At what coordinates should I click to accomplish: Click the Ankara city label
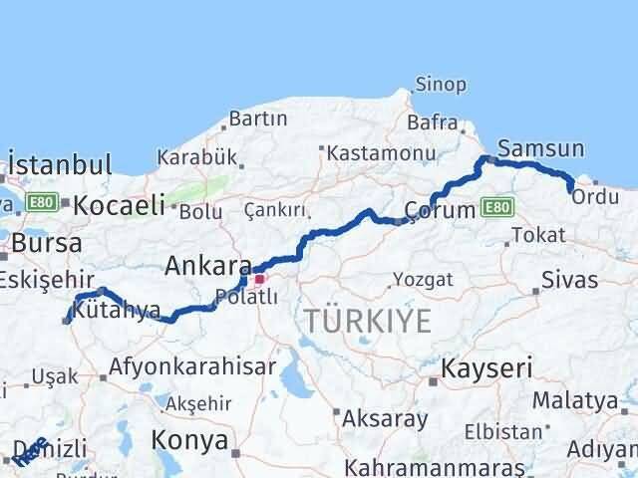click(207, 266)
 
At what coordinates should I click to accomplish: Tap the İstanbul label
click(59, 164)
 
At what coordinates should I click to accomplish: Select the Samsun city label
click(540, 147)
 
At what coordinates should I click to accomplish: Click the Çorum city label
click(438, 210)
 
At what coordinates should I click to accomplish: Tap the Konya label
click(189, 439)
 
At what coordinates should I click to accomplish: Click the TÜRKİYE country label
click(369, 321)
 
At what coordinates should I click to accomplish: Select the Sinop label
click(440, 85)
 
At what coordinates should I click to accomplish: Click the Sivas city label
click(570, 279)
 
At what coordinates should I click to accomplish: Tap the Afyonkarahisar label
click(192, 365)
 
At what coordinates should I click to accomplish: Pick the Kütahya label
click(118, 311)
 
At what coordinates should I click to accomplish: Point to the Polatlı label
click(246, 296)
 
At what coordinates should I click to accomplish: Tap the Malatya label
click(575, 401)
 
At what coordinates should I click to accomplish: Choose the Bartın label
click(258, 119)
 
